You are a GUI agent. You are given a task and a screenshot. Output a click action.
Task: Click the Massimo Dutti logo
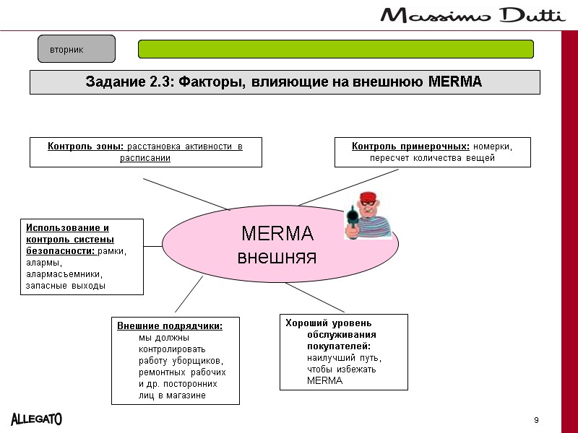[x=473, y=16]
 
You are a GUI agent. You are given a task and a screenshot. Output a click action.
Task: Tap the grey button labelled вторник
[x=77, y=49]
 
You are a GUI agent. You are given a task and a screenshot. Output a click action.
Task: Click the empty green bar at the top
[x=336, y=49]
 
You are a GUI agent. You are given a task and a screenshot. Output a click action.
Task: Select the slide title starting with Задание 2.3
[x=285, y=82]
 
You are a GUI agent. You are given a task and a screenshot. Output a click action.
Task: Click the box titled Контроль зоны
[x=145, y=152]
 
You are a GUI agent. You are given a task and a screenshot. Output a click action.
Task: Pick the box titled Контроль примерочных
[x=432, y=152]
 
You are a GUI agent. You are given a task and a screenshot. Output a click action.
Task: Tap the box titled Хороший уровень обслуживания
[x=343, y=351]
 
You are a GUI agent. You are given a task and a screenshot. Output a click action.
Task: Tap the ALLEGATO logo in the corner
[x=36, y=418]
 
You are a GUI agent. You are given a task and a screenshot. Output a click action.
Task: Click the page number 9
[x=536, y=420]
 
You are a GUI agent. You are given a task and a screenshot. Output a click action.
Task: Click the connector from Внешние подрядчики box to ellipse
[x=189, y=294]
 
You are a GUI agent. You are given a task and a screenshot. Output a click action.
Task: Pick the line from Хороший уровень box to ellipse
[x=314, y=296]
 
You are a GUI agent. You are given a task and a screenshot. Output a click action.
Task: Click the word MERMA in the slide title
[x=455, y=82]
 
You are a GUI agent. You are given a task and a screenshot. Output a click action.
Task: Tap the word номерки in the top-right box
[x=493, y=146]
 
